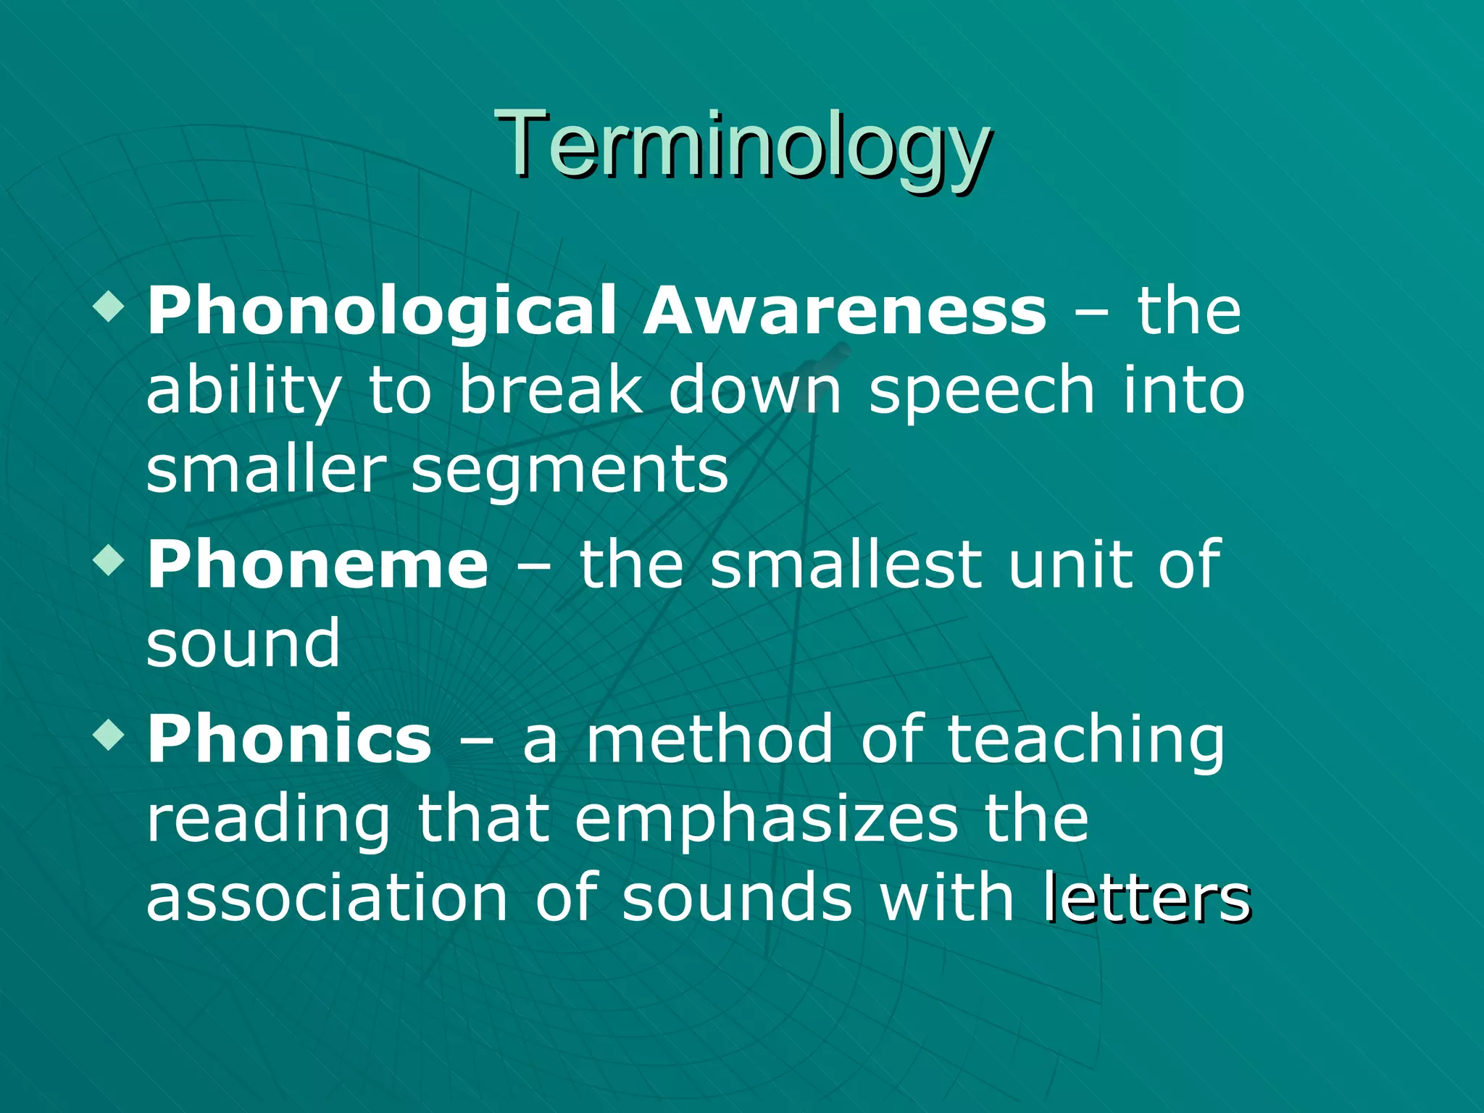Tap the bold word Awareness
(x=845, y=310)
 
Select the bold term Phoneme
(x=318, y=565)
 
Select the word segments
(x=570, y=471)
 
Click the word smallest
(x=845, y=565)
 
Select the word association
(x=327, y=899)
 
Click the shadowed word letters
(x=1148, y=899)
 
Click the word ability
(x=243, y=391)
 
